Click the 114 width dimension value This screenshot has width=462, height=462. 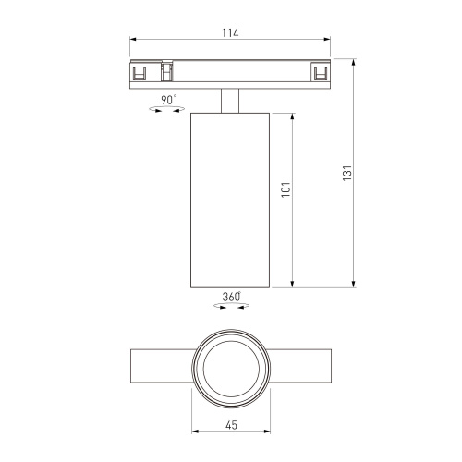point(230,33)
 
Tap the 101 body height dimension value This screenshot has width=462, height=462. point(286,188)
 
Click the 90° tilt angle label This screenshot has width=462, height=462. point(168,99)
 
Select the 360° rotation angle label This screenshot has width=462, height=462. point(231,297)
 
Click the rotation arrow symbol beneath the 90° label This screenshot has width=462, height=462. point(167,110)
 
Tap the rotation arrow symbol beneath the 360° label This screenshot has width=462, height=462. point(230,307)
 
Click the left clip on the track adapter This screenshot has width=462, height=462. point(142,74)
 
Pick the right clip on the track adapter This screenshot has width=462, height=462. point(320,74)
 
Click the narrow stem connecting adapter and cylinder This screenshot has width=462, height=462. point(230,99)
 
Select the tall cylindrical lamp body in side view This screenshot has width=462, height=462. point(230,198)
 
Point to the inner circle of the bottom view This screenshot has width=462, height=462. point(230,368)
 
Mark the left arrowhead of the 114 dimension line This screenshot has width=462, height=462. point(133,40)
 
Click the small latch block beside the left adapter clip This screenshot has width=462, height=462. point(167,72)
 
